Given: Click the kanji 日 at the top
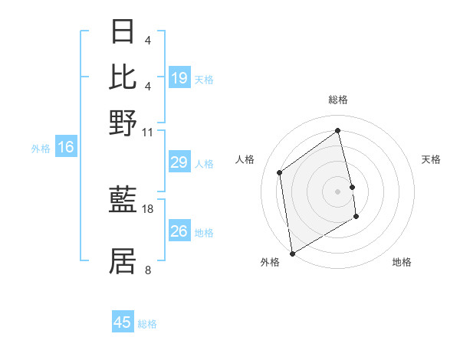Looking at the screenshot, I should pyautogui.click(x=123, y=32).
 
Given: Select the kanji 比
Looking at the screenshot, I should pyautogui.click(x=123, y=77).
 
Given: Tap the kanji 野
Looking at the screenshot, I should pyautogui.click(x=123, y=123).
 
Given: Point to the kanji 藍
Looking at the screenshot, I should pyautogui.click(x=123, y=201).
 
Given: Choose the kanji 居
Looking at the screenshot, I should pyautogui.click(x=123, y=260).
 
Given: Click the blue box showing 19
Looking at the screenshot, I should pyautogui.click(x=179, y=78).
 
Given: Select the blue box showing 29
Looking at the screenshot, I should pyautogui.click(x=179, y=162).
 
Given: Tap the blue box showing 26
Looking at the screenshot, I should pyautogui.click(x=179, y=231).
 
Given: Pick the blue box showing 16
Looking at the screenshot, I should pyautogui.click(x=66, y=148).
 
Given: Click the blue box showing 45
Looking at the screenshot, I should pyautogui.click(x=123, y=322).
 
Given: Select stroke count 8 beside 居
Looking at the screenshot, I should pyautogui.click(x=148, y=269).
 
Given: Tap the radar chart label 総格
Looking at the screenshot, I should pyautogui.click(x=338, y=100).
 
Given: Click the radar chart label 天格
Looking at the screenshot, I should pyautogui.click(x=431, y=159).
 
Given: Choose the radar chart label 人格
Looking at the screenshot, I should pyautogui.click(x=245, y=159).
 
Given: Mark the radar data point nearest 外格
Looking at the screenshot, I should pyautogui.click(x=292, y=253).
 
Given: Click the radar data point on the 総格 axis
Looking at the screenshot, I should pyautogui.click(x=338, y=130).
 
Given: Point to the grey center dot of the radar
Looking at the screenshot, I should pyautogui.click(x=338, y=191).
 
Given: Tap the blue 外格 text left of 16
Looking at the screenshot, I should pyautogui.click(x=40, y=149).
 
